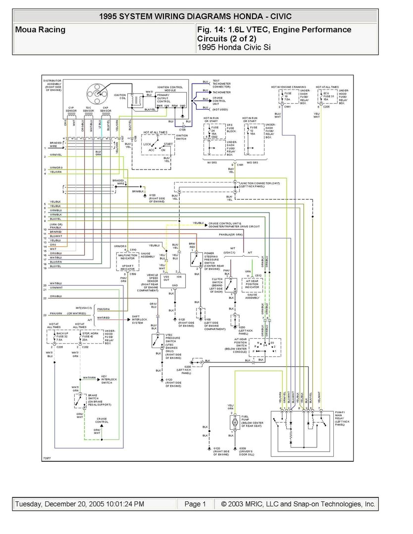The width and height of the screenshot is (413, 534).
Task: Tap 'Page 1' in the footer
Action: pyautogui.click(x=195, y=504)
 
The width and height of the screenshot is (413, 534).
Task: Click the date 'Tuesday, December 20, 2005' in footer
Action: pyautogui.click(x=79, y=504)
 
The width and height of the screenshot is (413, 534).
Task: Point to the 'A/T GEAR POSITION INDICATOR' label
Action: pyautogui.click(x=252, y=284)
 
